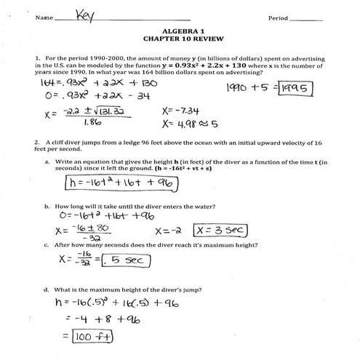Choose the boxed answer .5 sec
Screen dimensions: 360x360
coord(121,259)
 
